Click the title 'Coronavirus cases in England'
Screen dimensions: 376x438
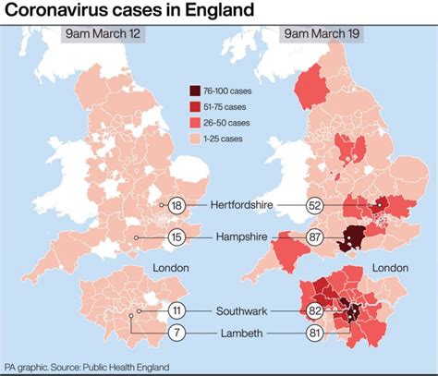click(x=129, y=12)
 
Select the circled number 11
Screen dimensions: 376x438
click(x=176, y=311)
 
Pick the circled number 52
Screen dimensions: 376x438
click(x=315, y=207)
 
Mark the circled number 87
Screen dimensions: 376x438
click(x=315, y=237)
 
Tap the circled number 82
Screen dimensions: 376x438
click(x=315, y=311)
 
